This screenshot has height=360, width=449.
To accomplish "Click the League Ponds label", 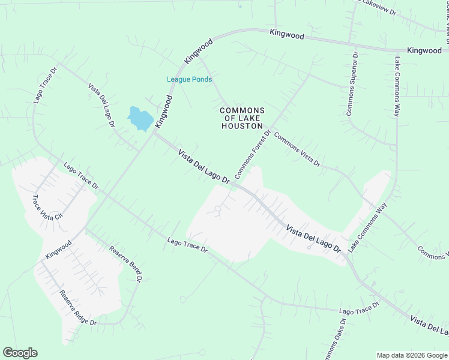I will (189, 79).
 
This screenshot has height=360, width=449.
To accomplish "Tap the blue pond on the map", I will (140, 119).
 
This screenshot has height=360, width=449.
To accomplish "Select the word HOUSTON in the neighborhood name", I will (242, 127).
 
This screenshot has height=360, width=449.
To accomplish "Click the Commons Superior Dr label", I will (352, 83).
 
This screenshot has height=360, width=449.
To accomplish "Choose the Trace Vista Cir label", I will (47, 206).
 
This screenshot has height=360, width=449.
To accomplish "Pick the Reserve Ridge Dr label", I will (77, 308).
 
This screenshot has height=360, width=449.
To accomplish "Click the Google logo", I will (20, 353).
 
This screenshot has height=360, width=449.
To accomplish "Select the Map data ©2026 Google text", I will (412, 355).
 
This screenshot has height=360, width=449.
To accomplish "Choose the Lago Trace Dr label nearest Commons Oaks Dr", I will (359, 308).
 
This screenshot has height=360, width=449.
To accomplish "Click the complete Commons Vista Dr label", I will (297, 149).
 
